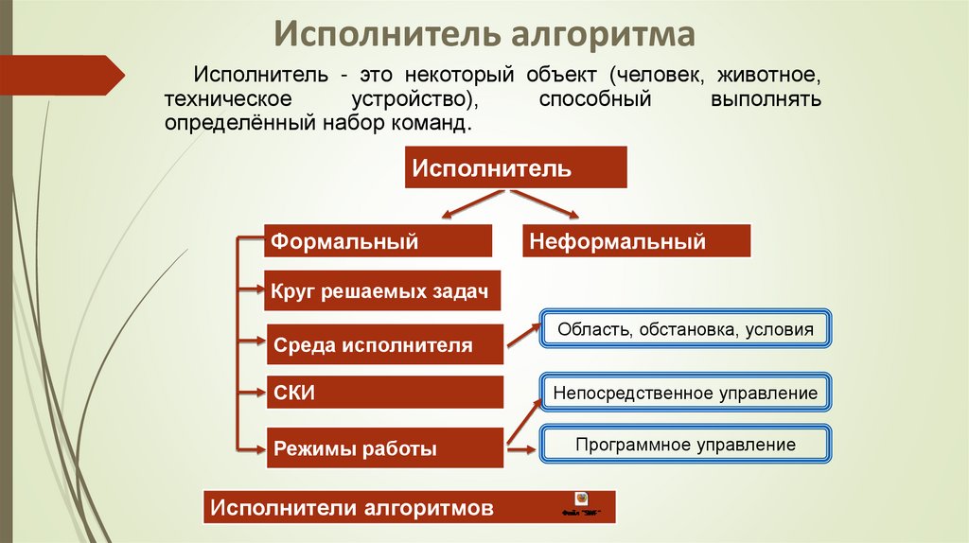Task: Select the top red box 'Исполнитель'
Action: pos(516,168)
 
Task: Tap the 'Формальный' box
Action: pos(378,241)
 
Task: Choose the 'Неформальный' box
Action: pos(636,241)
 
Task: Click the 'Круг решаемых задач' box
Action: pos(381,292)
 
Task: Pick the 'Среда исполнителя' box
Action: pos(383,345)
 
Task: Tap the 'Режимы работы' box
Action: pos(383,449)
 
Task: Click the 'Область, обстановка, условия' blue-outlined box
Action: pos(685,329)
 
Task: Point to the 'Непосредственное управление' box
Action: pos(685,392)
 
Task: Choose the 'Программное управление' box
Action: pos(685,445)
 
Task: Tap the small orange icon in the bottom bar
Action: pos(581,499)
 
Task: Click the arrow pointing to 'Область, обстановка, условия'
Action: pos(522,334)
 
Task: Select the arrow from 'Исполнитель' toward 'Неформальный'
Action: pos(550,204)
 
